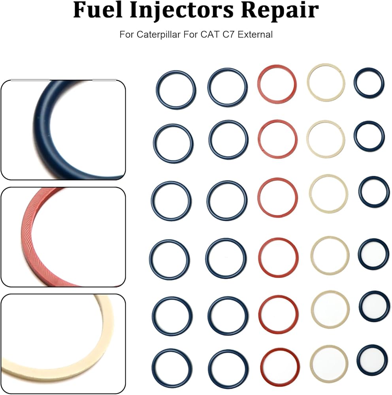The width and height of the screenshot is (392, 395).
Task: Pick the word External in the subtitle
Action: [x=255, y=34]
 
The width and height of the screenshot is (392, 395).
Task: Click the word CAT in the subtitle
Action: [x=210, y=34]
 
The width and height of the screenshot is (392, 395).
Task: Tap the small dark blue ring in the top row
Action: [x=355, y=83]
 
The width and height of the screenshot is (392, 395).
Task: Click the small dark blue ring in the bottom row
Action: [x=358, y=360]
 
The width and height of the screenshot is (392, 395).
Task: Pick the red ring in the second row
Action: [x=259, y=139]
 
